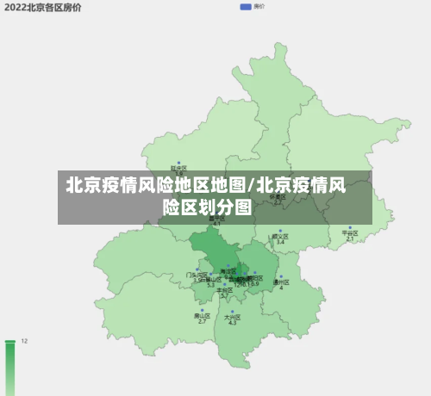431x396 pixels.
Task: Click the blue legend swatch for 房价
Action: (x=246, y=7)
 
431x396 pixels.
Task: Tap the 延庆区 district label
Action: (x=178, y=168)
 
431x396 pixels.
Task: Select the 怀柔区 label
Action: (x=278, y=196)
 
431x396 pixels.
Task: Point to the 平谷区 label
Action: (x=349, y=232)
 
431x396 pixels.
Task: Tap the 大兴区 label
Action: (x=231, y=317)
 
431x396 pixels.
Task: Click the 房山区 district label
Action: (x=203, y=316)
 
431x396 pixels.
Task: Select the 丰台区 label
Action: (x=224, y=290)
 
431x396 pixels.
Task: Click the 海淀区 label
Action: (x=228, y=271)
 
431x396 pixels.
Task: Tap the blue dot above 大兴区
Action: (x=231, y=311)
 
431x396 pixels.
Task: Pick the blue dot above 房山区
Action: (x=203, y=310)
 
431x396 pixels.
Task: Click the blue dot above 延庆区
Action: (x=178, y=162)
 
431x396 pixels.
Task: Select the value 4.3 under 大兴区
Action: (x=232, y=323)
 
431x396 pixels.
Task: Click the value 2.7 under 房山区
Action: (x=203, y=322)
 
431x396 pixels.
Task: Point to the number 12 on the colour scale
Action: (x=25, y=342)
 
